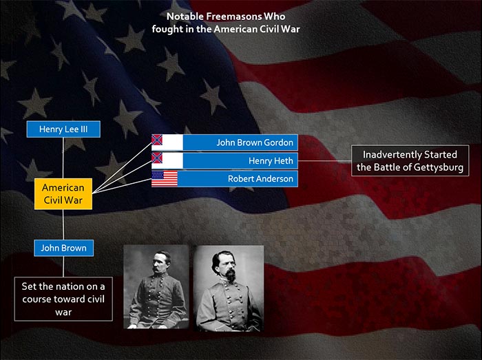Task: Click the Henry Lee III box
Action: click(63, 129)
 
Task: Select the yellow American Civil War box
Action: click(63, 194)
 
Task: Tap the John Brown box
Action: click(63, 248)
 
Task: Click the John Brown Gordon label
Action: click(255, 142)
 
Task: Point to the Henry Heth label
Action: click(271, 160)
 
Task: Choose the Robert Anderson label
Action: click(260, 179)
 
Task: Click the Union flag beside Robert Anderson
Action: click(165, 179)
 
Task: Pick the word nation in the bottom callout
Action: click(63, 286)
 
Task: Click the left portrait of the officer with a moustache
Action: click(156, 287)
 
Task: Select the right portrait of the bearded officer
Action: click(229, 288)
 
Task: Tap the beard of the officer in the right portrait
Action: click(230, 275)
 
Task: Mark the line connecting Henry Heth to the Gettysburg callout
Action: click(324, 160)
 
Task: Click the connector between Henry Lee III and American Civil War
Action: click(63, 158)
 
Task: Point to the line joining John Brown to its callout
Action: click(63, 266)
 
